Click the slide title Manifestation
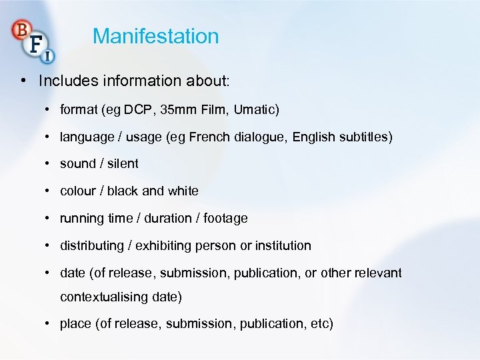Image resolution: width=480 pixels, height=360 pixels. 156,36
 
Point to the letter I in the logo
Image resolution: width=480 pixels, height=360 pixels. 48,57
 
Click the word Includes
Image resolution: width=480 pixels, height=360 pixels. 67,81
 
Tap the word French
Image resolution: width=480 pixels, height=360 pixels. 209,137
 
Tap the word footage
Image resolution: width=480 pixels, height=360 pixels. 225,218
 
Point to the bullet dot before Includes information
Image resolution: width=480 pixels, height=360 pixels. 24,81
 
